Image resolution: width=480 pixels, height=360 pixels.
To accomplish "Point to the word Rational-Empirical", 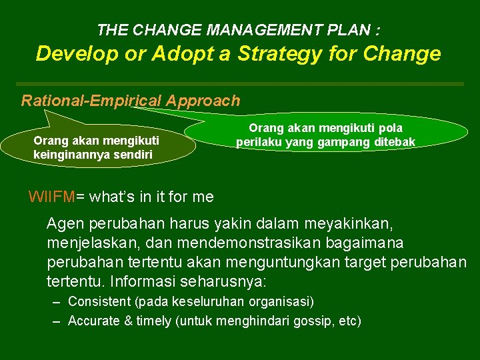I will pos(91,101).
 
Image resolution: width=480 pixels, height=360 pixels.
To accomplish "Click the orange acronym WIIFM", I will pos(52,197).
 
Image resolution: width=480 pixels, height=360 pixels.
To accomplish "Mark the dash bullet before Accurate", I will pos(57,321).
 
